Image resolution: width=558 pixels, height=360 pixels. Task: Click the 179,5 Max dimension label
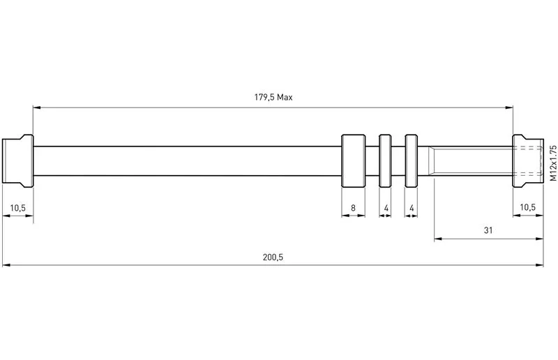coord(273,97)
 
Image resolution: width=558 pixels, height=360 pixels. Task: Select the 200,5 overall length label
coord(273,257)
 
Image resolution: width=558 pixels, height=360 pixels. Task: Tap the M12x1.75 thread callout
coord(552,163)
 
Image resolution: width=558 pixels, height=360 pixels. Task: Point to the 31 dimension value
coord(488,230)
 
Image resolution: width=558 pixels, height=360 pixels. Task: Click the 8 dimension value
coord(353,208)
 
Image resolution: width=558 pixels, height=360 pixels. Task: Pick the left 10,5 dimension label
coord(18,208)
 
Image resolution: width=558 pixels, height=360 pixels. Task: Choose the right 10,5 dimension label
coord(528,207)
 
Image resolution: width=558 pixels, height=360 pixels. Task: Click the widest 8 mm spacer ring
coord(354,160)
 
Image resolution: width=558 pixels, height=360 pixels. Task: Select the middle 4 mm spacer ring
coord(385,160)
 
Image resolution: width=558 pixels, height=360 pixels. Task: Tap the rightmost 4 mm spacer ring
coord(412,160)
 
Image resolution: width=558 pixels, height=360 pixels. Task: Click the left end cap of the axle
coord(18,161)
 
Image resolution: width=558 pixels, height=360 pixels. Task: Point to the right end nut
coord(528,160)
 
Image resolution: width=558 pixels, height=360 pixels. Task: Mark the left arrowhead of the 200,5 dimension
coord(6,265)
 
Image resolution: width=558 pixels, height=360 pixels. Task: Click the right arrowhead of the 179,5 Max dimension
coord(509,107)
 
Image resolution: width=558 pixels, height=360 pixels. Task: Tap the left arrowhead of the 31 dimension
coord(438,239)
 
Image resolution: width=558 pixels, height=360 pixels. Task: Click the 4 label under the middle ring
coord(386,208)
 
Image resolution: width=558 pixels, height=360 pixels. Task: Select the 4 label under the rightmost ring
coord(412,208)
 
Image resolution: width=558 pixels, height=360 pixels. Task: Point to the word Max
coord(285,97)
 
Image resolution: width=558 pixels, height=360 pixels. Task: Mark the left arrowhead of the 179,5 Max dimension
coord(37,107)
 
